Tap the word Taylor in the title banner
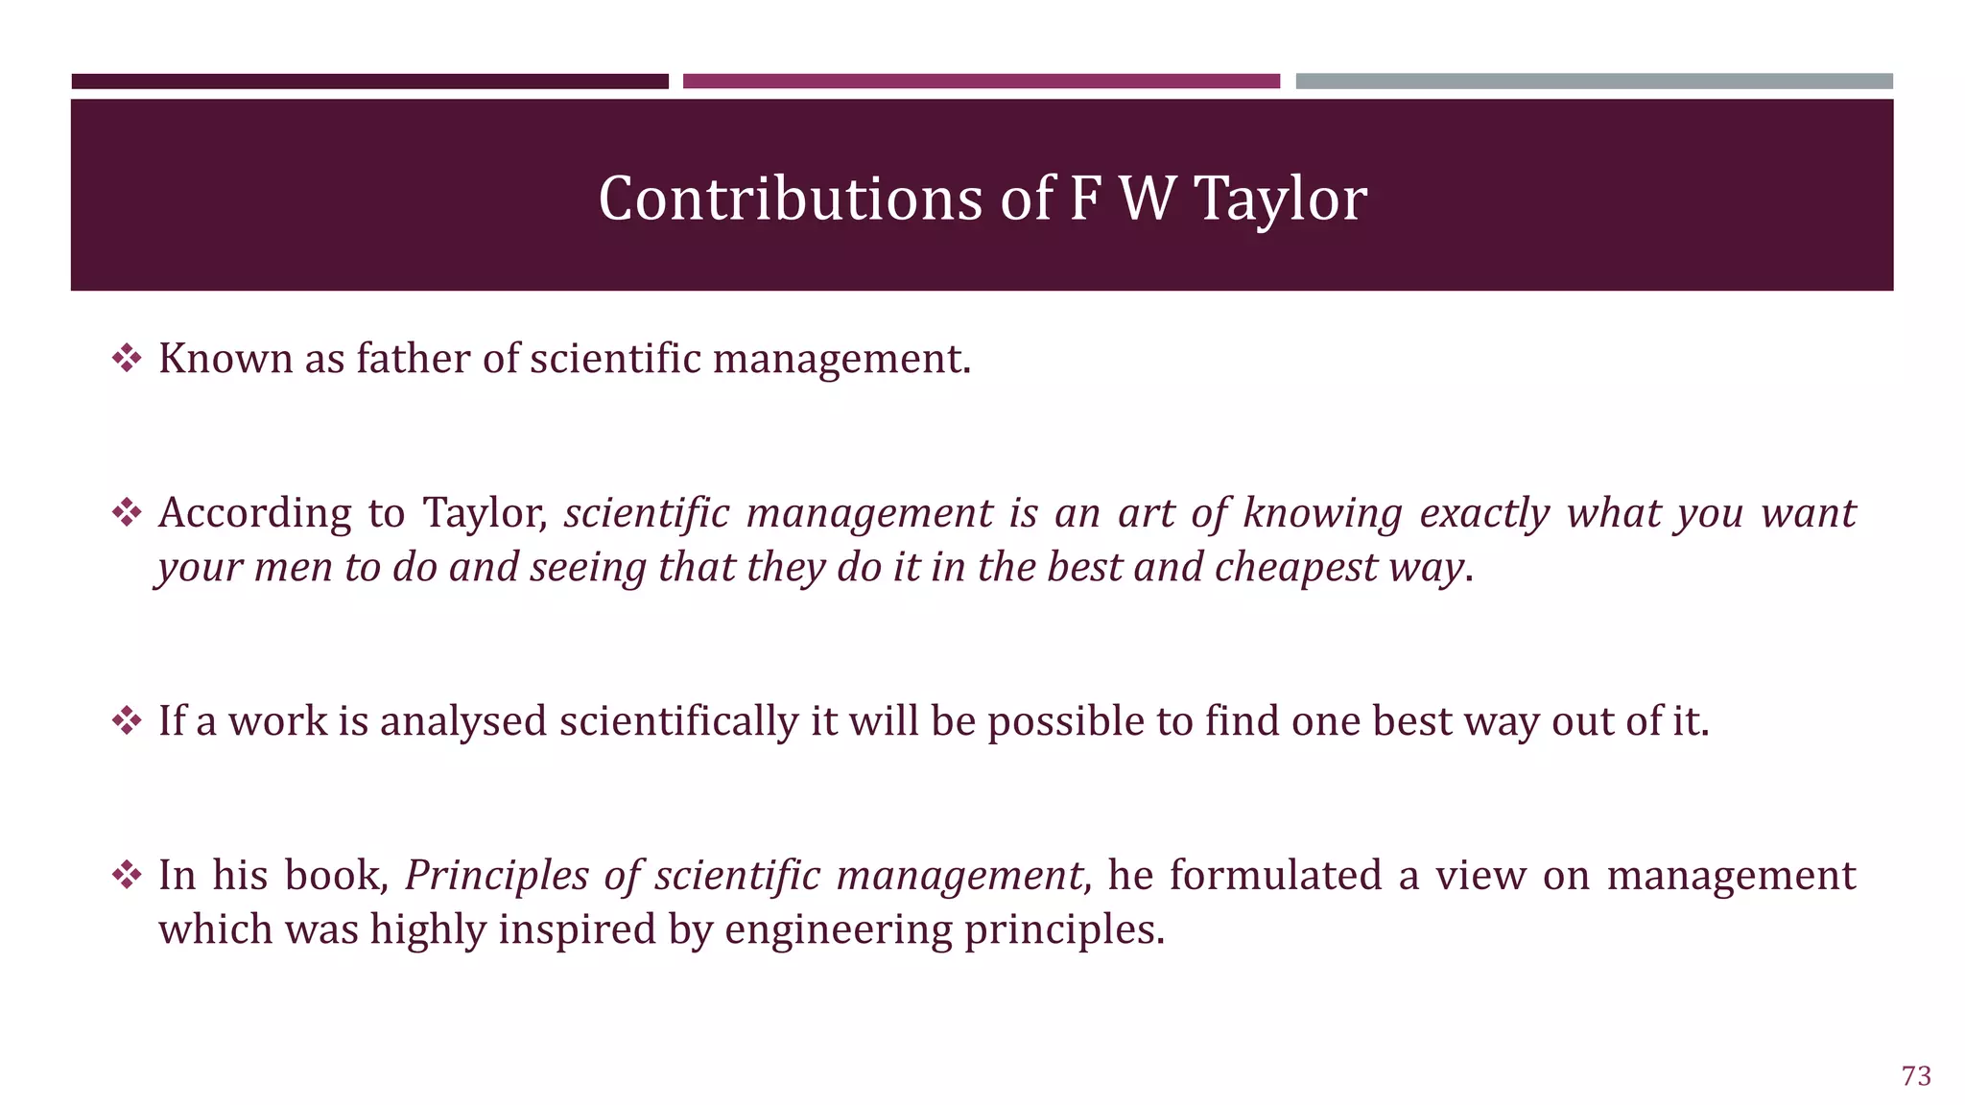tap(1280, 200)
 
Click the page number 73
tap(1915, 1076)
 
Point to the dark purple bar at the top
tap(369, 82)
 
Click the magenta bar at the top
tap(981, 82)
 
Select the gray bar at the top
tap(1594, 82)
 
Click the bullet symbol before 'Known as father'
tap(127, 359)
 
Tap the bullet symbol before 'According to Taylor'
tap(127, 513)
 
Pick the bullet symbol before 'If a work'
tap(127, 720)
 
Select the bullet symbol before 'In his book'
tap(127, 875)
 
